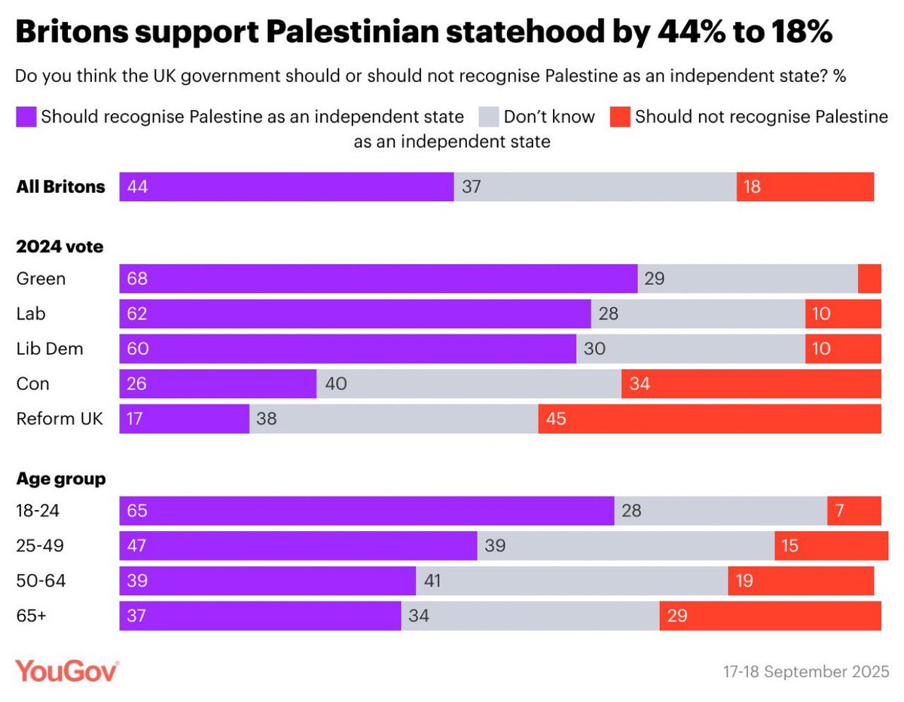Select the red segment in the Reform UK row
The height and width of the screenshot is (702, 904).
click(709, 419)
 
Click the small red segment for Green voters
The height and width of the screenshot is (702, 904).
click(869, 279)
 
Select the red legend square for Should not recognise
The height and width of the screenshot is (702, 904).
click(619, 117)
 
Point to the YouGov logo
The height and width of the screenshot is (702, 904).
click(67, 670)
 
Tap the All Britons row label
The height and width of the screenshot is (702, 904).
click(61, 187)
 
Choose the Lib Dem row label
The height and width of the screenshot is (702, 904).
click(50, 349)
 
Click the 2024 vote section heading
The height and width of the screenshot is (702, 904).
click(60, 246)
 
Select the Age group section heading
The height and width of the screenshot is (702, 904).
click(61, 478)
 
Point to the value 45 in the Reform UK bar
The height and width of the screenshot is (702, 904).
click(556, 419)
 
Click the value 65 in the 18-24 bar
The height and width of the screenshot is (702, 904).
click(138, 511)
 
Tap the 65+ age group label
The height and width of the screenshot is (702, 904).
click(31, 615)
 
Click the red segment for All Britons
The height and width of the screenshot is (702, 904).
click(805, 187)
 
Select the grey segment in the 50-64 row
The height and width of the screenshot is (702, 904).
click(572, 581)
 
